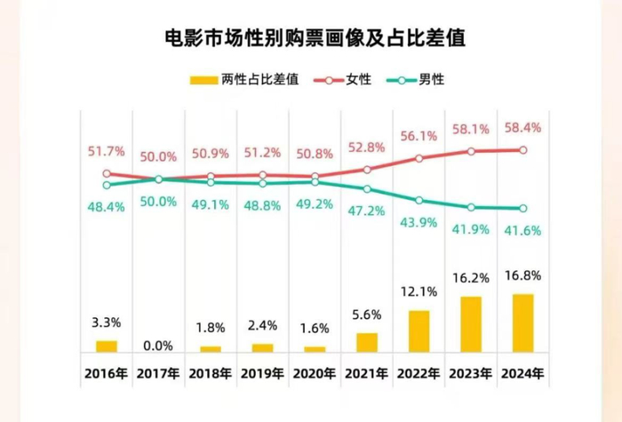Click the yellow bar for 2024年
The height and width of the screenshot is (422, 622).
pos(523,322)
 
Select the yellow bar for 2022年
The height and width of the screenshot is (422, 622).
pos(419,330)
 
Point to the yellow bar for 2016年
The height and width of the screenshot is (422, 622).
pos(107,346)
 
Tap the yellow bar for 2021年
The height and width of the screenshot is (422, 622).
pos(367,342)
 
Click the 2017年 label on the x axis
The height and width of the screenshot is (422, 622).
pos(158,373)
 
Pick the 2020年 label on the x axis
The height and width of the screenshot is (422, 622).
pos(315,373)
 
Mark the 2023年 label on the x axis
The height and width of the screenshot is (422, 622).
pos(471,373)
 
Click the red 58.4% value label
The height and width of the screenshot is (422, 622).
pos(523,128)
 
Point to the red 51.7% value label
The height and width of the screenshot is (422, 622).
pos(108,154)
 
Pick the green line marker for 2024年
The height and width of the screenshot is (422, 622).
pos(523,208)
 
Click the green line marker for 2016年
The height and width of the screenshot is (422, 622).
pos(107,185)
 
